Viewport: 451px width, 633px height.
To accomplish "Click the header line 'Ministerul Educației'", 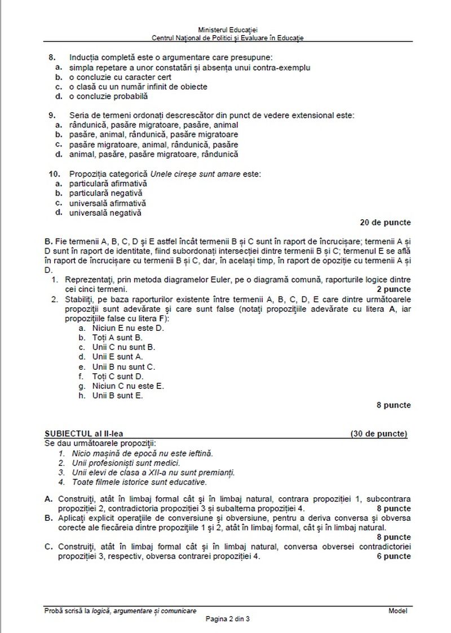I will (x=228, y=29).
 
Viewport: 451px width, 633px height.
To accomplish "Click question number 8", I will (x=52, y=57).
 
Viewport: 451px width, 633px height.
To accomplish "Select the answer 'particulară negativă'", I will (x=105, y=193).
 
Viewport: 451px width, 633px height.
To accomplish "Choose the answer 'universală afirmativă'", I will (x=107, y=203).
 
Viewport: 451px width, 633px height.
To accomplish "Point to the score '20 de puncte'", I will (x=385, y=222).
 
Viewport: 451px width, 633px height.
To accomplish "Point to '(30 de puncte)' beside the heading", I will (x=378, y=434).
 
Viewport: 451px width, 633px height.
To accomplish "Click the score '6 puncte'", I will (x=392, y=556).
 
